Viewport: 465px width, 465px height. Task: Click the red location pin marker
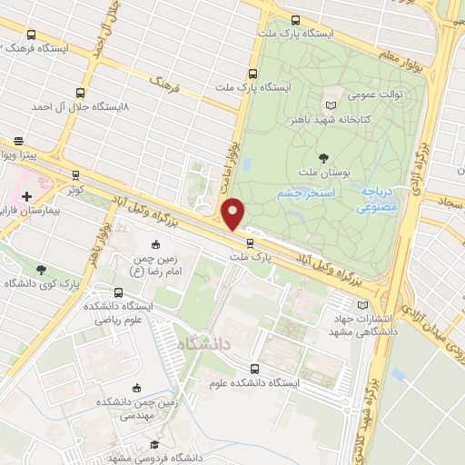(x=234, y=214)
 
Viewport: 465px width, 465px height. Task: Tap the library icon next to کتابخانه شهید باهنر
(x=342, y=92)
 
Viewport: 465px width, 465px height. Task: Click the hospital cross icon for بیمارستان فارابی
(x=27, y=195)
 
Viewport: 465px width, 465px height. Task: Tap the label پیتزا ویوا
(x=22, y=156)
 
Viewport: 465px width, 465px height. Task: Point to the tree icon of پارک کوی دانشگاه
(x=41, y=269)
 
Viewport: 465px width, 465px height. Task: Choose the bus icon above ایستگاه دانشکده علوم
(x=255, y=369)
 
